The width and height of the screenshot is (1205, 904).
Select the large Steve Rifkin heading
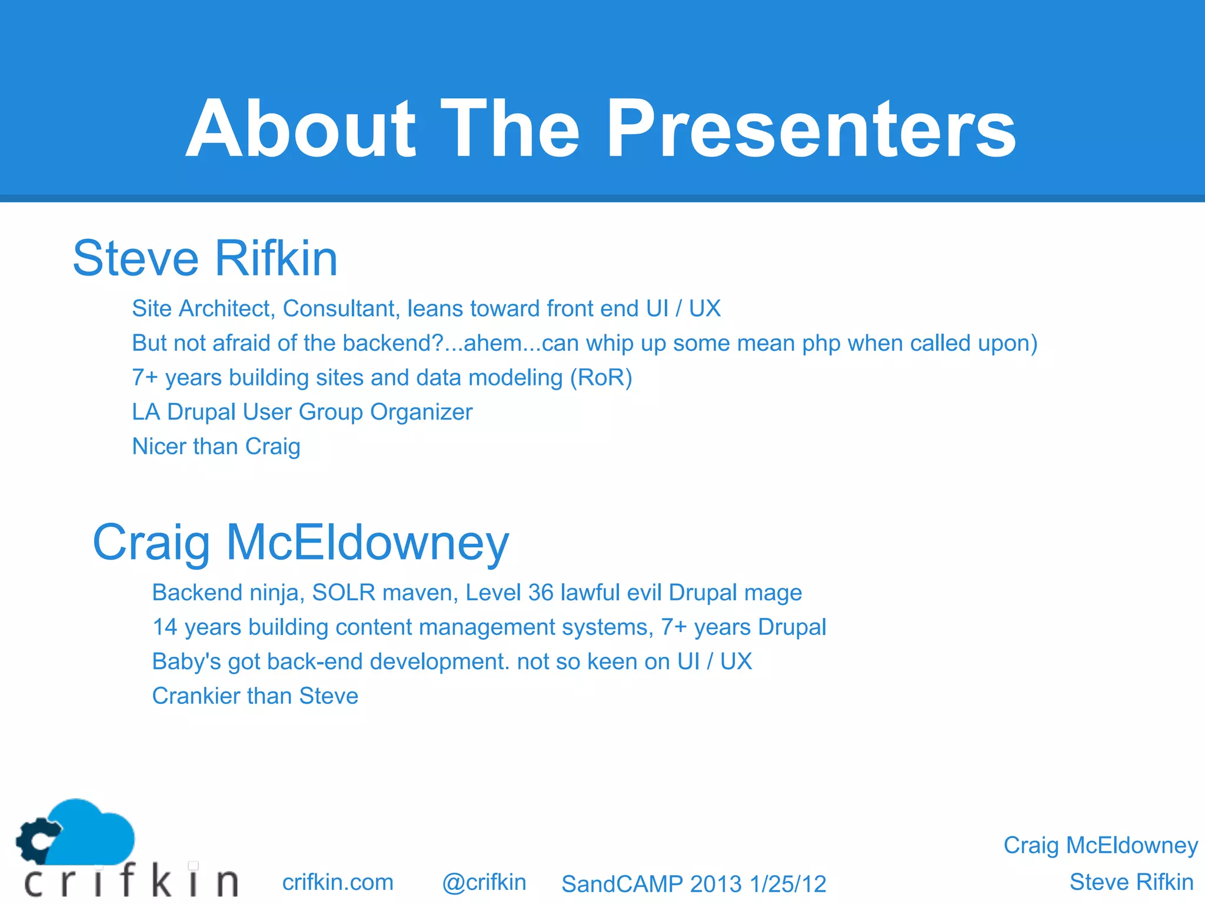coord(205,258)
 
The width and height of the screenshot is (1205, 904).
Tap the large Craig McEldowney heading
coord(301,543)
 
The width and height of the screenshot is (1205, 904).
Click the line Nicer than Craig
coord(216,447)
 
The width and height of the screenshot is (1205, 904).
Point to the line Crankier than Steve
coord(255,696)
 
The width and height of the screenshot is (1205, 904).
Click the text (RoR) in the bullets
coord(601,378)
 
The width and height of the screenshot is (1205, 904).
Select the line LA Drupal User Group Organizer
coord(302,412)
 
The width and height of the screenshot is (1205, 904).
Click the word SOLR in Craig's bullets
coord(344,593)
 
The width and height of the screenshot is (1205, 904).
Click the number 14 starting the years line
coord(165,627)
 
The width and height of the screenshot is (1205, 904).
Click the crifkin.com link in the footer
coord(337,882)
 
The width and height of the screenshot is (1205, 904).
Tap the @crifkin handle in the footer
coord(484,882)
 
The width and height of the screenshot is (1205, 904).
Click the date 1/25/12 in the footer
coord(788,884)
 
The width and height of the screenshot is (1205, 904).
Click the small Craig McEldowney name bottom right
coord(1100,845)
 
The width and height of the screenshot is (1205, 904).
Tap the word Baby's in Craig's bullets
coord(186,662)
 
